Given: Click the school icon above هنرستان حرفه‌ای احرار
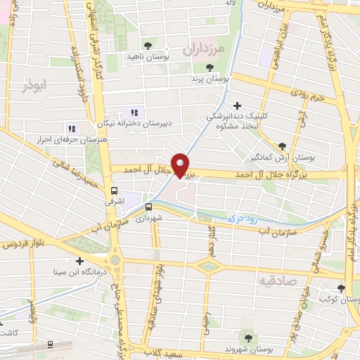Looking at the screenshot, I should (71, 129).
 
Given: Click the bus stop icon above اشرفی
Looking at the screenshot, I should (114, 191).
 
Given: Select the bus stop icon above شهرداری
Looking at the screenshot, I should (148, 207).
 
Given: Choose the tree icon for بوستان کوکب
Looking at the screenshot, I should (341, 288).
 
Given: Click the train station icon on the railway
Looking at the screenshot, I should (50, 345).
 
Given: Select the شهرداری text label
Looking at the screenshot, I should (169, 217).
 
